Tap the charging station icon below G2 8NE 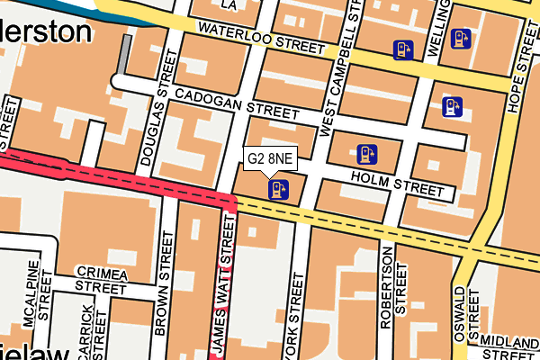coord(278,189)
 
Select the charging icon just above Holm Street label coord(365,155)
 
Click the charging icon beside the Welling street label coord(462,39)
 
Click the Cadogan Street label coord(236,104)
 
